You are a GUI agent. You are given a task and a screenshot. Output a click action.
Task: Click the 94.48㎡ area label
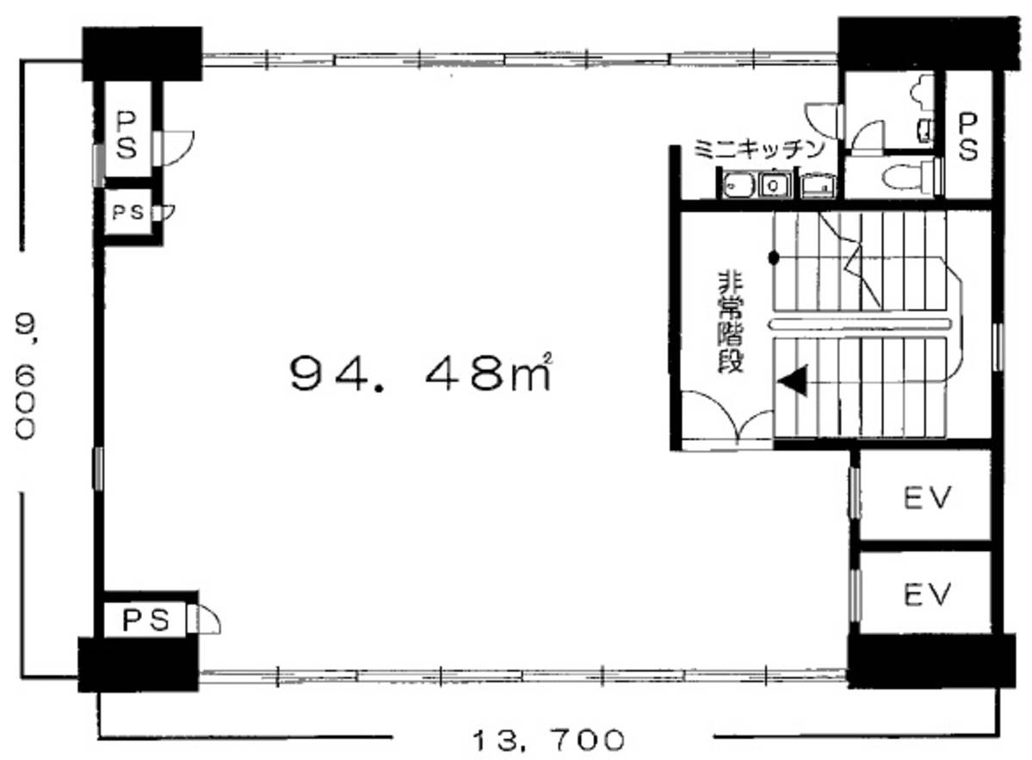(421, 374)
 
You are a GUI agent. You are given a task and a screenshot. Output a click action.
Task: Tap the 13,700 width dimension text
(548, 741)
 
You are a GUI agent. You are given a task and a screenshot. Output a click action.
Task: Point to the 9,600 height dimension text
(25, 375)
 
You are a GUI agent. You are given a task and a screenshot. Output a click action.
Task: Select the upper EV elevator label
(927, 498)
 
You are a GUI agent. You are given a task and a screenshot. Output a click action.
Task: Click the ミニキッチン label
(758, 150)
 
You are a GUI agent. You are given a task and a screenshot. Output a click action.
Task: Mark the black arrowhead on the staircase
(793, 381)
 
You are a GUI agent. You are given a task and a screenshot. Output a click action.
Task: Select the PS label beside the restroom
(967, 137)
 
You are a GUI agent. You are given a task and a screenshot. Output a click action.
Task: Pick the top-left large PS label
(127, 135)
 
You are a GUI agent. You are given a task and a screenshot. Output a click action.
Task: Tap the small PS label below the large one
(128, 213)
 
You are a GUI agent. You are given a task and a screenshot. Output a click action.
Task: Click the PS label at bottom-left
(146, 619)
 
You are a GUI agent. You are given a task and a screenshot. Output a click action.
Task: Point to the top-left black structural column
(141, 53)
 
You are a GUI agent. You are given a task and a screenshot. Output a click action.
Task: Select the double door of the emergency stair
(726, 418)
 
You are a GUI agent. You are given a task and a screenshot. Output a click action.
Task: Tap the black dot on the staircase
(775, 257)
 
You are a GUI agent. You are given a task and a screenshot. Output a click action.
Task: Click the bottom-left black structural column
(139, 664)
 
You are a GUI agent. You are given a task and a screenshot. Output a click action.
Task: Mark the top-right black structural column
(928, 42)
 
